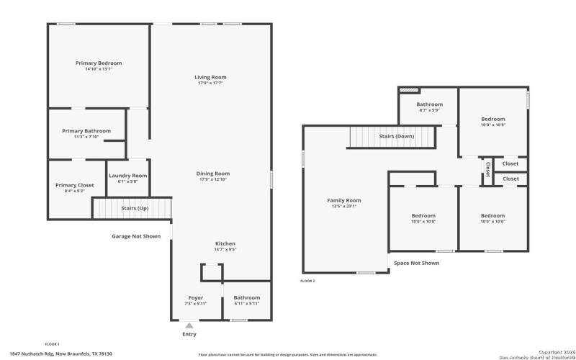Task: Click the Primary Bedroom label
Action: (99, 63)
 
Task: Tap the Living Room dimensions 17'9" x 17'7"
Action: (210, 84)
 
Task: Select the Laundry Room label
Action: (127, 176)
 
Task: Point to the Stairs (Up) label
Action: (135, 208)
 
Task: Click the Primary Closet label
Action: (75, 185)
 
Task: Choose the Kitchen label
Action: (225, 243)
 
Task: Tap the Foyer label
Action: (195, 297)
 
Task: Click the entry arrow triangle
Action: (189, 325)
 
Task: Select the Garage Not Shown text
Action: (136, 235)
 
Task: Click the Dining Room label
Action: (213, 173)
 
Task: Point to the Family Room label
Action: (344, 200)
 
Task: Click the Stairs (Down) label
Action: (397, 136)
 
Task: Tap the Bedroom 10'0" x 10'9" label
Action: (493, 119)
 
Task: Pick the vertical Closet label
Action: (487, 169)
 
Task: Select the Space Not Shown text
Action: (416, 263)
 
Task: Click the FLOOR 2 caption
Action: (307, 281)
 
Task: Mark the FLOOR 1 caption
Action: (52, 344)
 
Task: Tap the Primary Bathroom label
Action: (86, 131)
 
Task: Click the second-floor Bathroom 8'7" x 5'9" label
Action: (429, 104)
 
